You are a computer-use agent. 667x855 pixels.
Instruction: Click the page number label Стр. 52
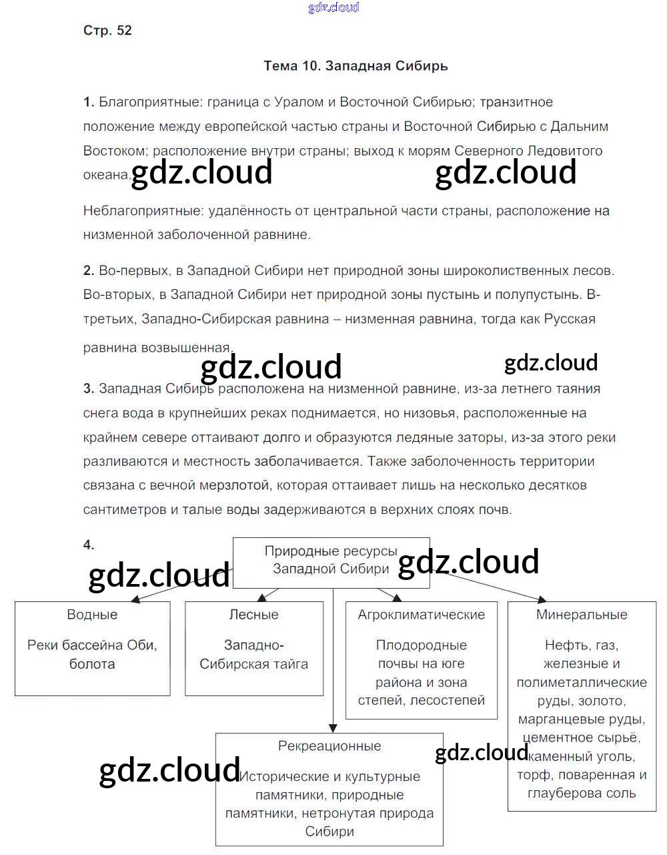107,31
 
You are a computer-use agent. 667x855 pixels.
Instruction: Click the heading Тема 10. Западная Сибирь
356,66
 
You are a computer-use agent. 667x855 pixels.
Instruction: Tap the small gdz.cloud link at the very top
333,7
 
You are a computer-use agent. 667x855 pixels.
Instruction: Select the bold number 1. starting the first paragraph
89,102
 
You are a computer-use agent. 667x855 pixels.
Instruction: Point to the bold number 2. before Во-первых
89,270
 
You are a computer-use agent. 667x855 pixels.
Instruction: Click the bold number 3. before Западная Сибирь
89,388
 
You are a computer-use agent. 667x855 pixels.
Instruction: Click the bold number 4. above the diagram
89,545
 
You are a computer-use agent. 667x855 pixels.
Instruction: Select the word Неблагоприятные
143,211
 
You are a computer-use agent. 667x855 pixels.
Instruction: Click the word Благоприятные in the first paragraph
150,102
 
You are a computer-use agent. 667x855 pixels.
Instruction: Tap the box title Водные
92,615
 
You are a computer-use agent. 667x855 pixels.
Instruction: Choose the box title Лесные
253,615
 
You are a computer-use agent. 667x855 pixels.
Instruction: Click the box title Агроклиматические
421,615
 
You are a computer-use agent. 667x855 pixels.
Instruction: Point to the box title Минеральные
582,615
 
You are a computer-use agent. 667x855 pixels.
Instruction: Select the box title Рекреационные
329,746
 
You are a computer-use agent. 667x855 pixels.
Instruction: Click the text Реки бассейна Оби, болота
92,654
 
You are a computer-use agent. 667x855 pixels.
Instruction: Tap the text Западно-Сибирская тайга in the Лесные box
253,654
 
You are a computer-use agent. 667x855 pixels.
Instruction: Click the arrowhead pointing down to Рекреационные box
333,727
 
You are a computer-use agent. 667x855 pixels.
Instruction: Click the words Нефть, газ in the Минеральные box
582,645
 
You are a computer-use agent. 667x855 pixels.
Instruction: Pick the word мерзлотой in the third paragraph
238,485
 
